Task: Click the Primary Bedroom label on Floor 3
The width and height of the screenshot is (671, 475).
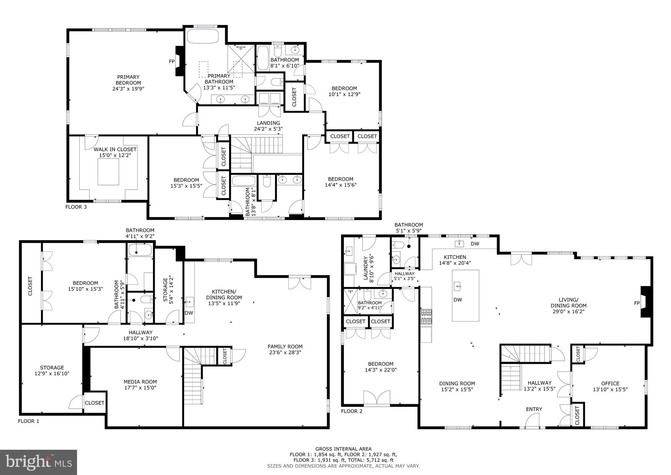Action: tap(128, 80)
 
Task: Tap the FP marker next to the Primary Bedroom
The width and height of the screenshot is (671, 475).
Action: tap(172, 61)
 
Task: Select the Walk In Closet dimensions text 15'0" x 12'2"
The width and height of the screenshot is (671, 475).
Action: tap(115, 155)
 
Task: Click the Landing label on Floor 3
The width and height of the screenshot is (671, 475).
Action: tap(268, 123)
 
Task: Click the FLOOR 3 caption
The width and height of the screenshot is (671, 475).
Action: tap(76, 207)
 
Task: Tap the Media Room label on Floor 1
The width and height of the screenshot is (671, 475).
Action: tap(140, 382)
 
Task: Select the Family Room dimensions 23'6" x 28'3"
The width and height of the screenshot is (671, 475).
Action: tap(285, 353)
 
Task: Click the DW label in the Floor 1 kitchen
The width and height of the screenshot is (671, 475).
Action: tap(189, 313)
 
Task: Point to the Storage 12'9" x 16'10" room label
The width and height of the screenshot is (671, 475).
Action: tap(52, 368)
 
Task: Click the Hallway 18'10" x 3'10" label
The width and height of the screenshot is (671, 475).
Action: tap(140, 333)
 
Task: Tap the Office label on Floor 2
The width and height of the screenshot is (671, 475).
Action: tap(610, 383)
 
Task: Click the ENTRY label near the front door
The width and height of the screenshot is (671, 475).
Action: tap(534, 409)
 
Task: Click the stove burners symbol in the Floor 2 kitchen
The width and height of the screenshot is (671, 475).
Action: tap(426, 317)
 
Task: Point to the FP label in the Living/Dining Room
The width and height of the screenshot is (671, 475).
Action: tap(637, 303)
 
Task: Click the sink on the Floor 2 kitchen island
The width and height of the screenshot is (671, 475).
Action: tap(458, 286)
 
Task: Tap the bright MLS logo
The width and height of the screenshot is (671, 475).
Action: tap(39, 463)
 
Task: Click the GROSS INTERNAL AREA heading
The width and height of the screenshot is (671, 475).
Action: tap(343, 449)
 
